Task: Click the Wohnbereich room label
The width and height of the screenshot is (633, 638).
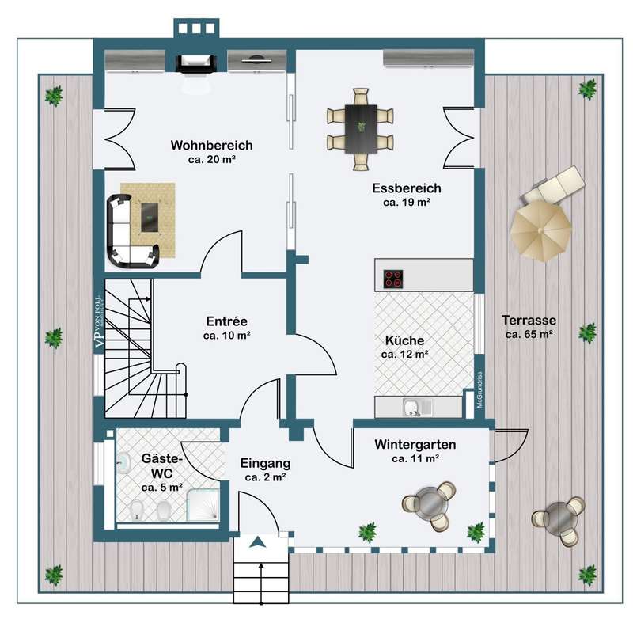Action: pyautogui.click(x=211, y=146)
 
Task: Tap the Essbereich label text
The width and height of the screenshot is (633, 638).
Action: pyautogui.click(x=407, y=188)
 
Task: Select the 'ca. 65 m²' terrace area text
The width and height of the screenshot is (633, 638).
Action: pyautogui.click(x=529, y=335)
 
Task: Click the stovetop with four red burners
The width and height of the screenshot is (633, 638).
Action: pyautogui.click(x=393, y=279)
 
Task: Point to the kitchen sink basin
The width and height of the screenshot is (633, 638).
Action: pyautogui.click(x=411, y=408)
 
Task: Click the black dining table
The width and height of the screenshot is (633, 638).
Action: pyautogui.click(x=361, y=129)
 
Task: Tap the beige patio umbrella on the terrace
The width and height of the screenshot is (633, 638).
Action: pyautogui.click(x=540, y=230)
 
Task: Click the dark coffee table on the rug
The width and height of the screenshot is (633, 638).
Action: pyautogui.click(x=150, y=218)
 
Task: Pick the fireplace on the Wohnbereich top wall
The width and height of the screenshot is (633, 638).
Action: pyautogui.click(x=196, y=64)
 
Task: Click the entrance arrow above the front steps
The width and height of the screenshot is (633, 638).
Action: pyautogui.click(x=258, y=542)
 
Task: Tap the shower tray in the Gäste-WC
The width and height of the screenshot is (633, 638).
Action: pyautogui.click(x=203, y=505)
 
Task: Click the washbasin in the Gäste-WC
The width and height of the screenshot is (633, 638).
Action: pyautogui.click(x=123, y=463)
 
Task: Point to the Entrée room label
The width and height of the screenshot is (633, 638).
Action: pyautogui.click(x=226, y=321)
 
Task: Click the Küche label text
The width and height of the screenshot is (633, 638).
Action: pyautogui.click(x=404, y=340)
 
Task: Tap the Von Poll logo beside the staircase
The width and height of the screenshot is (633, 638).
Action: pyautogui.click(x=100, y=321)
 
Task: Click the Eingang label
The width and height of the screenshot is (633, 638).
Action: pyautogui.click(x=265, y=463)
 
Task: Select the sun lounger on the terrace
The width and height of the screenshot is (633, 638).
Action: pyautogui.click(x=554, y=185)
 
